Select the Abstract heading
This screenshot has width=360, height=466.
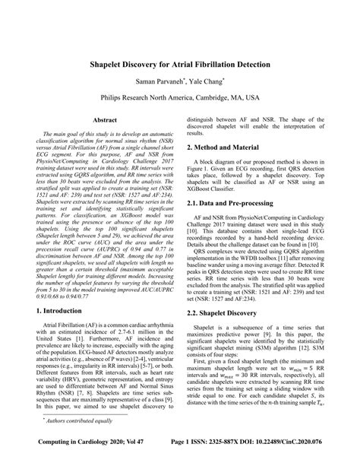click(104, 120)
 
